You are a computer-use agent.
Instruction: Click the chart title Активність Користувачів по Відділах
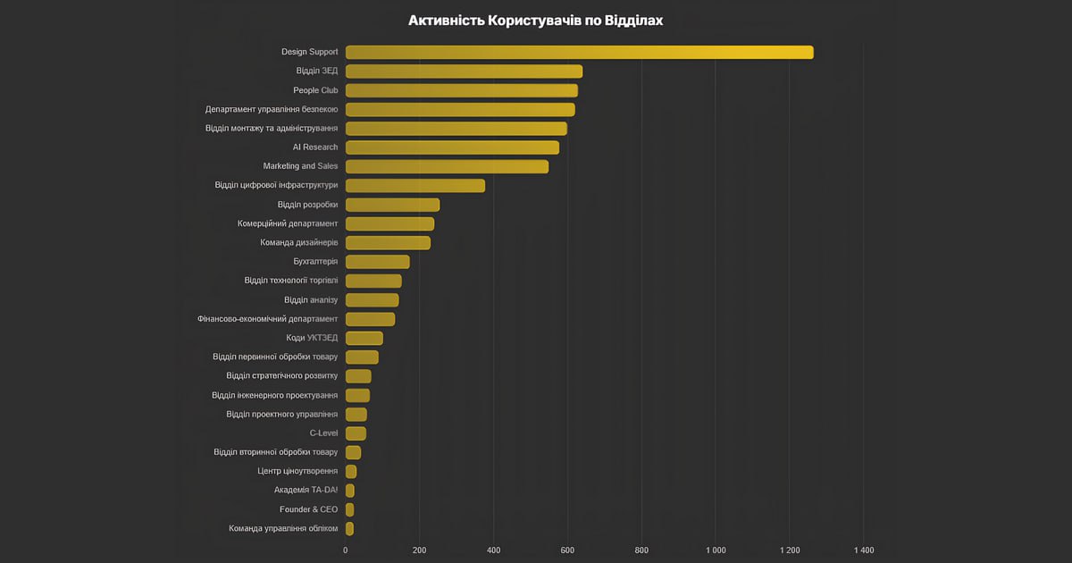coord(536,20)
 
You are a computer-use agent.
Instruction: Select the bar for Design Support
coord(579,52)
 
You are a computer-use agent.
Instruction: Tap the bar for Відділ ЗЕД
coord(464,71)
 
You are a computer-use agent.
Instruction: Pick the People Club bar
coord(461,90)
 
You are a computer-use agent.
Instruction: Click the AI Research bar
coord(452,147)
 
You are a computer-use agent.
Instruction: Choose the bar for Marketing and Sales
coord(447,166)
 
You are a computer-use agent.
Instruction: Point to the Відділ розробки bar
coord(392,205)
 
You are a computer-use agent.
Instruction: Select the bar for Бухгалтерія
coord(377,262)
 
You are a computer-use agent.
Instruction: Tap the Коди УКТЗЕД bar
coord(364,338)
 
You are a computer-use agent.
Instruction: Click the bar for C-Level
coord(356,433)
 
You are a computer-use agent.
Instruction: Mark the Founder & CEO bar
coord(349,509)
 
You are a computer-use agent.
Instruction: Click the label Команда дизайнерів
coord(298,243)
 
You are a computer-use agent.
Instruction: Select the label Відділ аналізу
coord(311,300)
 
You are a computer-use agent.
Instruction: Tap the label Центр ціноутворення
coord(297,471)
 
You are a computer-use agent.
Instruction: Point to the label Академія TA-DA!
coord(306,491)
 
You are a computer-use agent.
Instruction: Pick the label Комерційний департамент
coord(288,223)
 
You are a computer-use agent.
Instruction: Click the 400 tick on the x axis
coord(493,550)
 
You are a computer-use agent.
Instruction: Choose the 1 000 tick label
coord(715,550)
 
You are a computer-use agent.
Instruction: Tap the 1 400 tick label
coord(863,550)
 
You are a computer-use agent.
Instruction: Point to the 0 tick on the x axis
coord(346,550)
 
